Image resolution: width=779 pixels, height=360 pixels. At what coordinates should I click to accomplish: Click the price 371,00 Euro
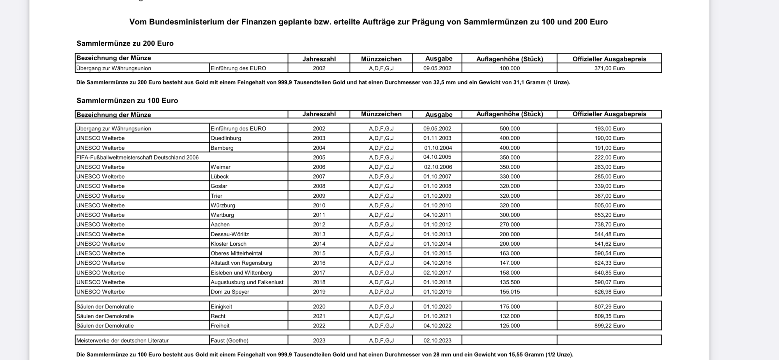tap(609, 68)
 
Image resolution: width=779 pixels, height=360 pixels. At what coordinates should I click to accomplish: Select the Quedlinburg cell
tap(225, 138)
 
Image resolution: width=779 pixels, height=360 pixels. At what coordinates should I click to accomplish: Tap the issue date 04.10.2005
tap(437, 157)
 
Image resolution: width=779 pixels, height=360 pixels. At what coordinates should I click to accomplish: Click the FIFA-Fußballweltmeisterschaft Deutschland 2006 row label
tap(137, 158)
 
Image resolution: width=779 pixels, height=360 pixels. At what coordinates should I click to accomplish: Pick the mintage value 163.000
tap(510, 253)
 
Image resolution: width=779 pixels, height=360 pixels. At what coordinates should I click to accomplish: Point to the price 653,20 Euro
tap(609, 215)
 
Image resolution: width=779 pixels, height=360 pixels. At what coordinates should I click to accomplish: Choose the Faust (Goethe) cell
tap(229, 340)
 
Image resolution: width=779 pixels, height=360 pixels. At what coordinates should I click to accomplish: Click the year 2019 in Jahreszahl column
tap(319, 292)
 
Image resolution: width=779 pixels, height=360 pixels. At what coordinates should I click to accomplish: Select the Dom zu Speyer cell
tap(230, 292)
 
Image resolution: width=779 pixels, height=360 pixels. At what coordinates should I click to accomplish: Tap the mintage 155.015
tap(510, 292)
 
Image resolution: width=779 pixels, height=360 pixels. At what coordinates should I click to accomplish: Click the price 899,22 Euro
tap(609, 326)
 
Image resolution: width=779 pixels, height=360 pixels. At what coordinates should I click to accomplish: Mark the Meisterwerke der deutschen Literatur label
tap(122, 340)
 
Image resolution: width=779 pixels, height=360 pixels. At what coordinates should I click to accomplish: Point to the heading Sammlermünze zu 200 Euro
tap(125, 43)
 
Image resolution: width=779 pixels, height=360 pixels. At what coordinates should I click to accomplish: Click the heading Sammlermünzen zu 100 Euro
tap(127, 101)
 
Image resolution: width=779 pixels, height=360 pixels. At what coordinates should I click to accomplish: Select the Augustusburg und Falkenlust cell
tap(247, 282)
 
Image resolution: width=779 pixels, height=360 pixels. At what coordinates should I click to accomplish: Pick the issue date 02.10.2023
tap(437, 340)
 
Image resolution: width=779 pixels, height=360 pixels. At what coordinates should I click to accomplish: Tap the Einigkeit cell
tap(221, 306)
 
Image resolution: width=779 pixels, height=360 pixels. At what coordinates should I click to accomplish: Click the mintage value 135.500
tap(510, 282)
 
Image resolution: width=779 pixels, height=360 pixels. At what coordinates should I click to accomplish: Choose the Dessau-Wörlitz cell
tap(230, 234)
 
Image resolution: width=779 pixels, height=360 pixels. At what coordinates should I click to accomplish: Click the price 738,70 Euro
tap(609, 225)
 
